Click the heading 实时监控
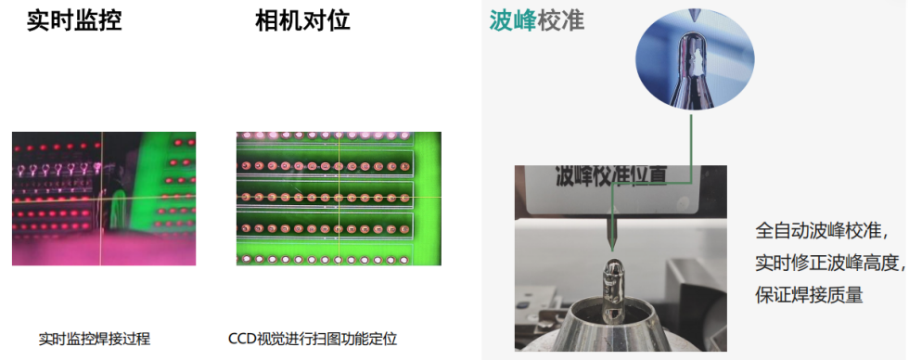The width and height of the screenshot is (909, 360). pyautogui.click(x=75, y=20)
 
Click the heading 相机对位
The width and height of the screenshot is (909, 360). pyautogui.click(x=302, y=20)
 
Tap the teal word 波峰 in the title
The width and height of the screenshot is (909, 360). pyautogui.click(x=513, y=20)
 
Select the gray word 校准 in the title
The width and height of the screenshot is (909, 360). pyautogui.click(x=561, y=20)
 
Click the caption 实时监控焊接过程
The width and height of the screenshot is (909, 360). pyautogui.click(x=95, y=340)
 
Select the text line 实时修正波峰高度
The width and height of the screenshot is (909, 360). pyautogui.click(x=829, y=263)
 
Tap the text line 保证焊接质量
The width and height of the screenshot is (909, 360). pyautogui.click(x=809, y=294)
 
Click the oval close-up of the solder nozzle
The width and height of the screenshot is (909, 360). pyautogui.click(x=695, y=61)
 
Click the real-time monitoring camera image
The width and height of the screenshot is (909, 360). pyautogui.click(x=104, y=199)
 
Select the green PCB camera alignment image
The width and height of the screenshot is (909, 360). pyautogui.click(x=339, y=199)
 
